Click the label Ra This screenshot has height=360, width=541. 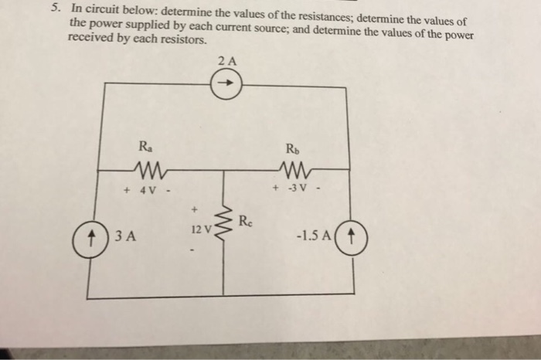(145, 144)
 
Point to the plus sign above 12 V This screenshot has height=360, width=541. (196, 208)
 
